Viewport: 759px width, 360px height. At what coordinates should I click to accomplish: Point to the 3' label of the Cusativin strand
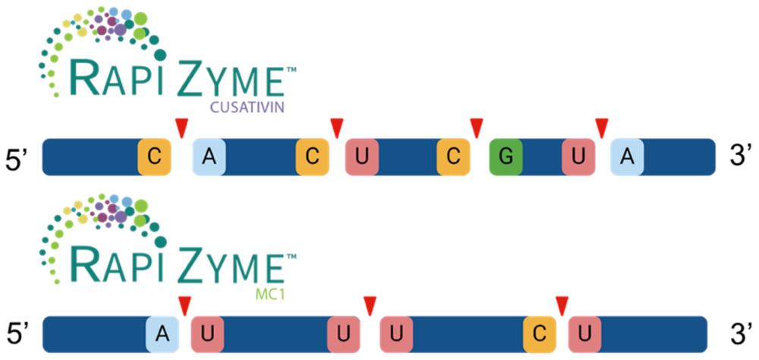[740, 158]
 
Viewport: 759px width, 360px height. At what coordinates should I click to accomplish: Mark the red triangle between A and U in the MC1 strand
[184, 306]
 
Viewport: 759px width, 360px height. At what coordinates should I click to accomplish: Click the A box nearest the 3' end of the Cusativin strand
[627, 156]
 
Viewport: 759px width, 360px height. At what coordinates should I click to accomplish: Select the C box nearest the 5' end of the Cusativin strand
[153, 156]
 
